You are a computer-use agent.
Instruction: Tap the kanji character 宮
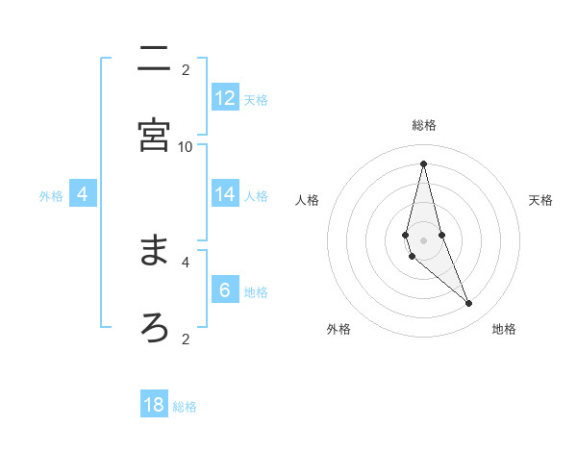click(x=154, y=136)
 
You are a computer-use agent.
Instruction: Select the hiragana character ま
click(x=154, y=251)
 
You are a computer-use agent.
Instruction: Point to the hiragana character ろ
click(x=154, y=327)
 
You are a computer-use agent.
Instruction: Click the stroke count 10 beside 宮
click(x=186, y=146)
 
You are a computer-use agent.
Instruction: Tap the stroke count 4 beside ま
click(x=186, y=261)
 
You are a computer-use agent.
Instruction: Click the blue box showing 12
click(x=225, y=98)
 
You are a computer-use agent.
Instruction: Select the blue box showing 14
click(x=225, y=194)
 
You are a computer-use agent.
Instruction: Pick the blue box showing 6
click(x=225, y=290)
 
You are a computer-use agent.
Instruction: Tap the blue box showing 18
click(x=154, y=405)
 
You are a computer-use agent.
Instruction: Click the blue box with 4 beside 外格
click(x=83, y=194)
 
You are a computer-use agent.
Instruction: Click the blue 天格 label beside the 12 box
click(x=256, y=99)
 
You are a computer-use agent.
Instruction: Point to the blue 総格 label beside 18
click(x=185, y=407)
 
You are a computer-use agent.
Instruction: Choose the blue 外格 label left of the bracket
click(x=51, y=195)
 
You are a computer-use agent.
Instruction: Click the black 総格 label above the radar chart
click(x=424, y=125)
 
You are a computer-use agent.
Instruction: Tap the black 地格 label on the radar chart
click(x=504, y=329)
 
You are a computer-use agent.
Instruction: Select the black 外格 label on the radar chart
click(x=339, y=329)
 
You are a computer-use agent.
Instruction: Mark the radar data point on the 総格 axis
click(x=423, y=163)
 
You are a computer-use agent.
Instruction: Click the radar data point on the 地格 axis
click(x=469, y=304)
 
